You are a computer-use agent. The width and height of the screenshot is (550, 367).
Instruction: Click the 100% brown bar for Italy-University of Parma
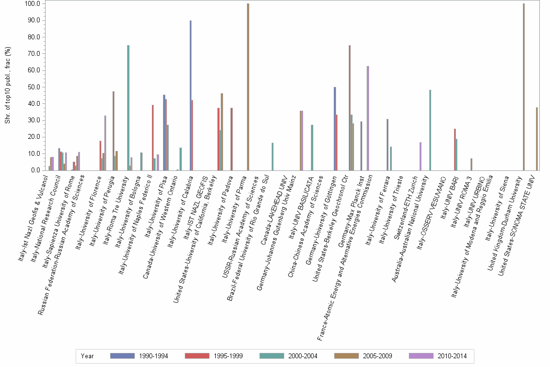pyautogui.click(x=248, y=87)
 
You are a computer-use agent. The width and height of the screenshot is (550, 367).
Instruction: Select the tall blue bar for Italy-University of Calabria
pyautogui.click(x=191, y=95)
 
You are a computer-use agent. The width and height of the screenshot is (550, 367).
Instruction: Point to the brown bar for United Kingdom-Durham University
pyautogui.click(x=524, y=87)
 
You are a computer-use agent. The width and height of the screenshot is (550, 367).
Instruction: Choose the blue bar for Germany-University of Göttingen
pyautogui.click(x=335, y=129)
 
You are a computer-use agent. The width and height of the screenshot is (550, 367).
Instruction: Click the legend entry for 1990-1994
pyautogui.click(x=139, y=356)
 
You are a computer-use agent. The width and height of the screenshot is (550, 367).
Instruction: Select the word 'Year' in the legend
pyautogui.click(x=88, y=356)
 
